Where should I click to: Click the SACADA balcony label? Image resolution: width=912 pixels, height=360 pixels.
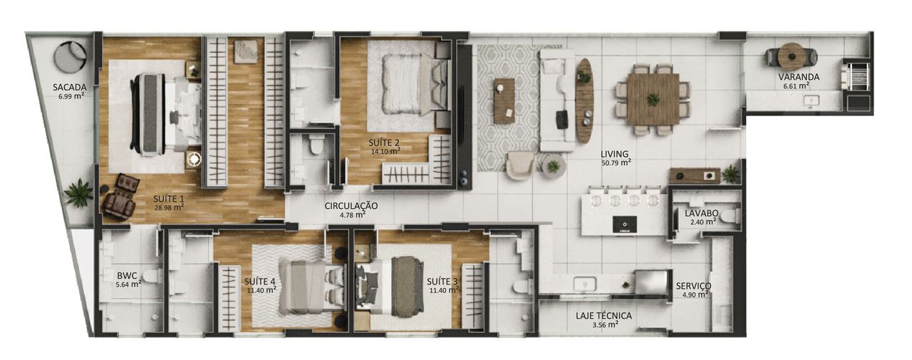click(x=70, y=87)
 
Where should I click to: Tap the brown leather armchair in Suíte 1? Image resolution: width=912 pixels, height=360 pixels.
click(x=120, y=197)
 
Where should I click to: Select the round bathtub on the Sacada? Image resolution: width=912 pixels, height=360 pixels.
click(x=71, y=57)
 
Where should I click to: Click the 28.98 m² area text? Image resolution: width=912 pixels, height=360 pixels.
click(x=168, y=207)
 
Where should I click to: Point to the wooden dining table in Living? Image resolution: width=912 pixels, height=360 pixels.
click(x=653, y=99)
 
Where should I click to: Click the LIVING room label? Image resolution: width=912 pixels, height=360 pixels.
click(x=614, y=154)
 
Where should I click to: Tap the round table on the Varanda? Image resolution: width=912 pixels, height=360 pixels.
click(x=792, y=56)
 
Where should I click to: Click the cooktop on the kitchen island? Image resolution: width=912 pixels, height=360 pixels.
click(x=625, y=225)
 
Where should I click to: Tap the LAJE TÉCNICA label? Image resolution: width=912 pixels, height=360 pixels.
click(x=603, y=316)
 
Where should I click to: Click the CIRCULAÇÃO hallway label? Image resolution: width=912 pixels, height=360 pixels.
click(x=351, y=206)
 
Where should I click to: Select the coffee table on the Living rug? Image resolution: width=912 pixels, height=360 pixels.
click(x=504, y=101)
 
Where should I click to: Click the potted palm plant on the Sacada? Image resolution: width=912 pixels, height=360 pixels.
click(x=78, y=192)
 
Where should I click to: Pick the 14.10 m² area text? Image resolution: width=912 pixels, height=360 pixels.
click(x=385, y=152)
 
